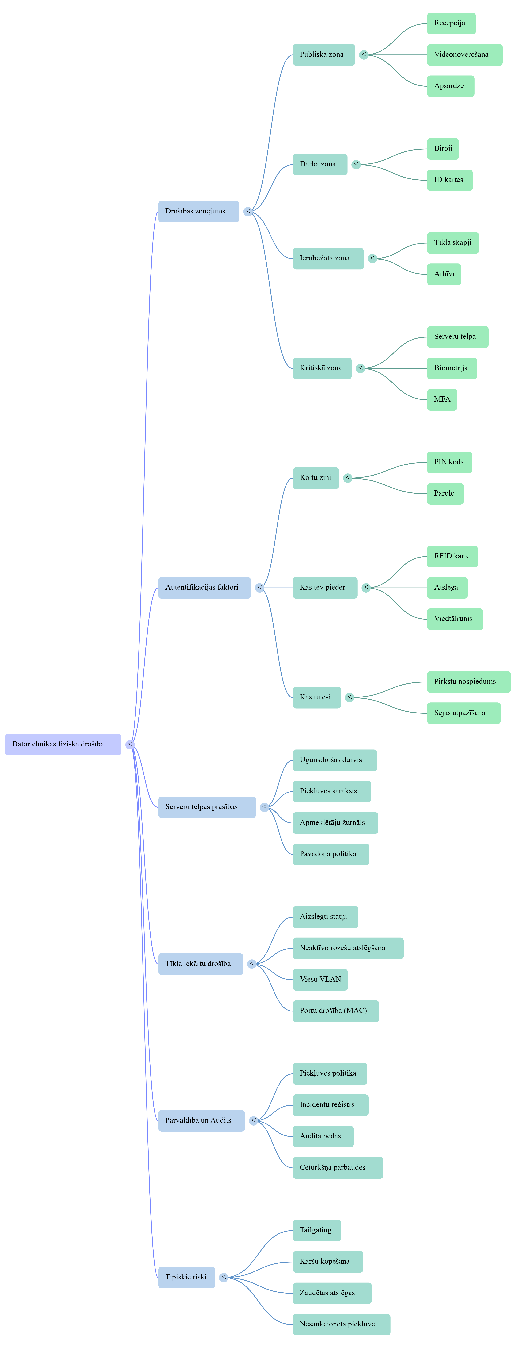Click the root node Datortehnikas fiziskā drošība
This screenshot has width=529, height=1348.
pyautogui.click(x=63, y=744)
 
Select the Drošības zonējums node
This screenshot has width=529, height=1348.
pyautogui.click(x=199, y=211)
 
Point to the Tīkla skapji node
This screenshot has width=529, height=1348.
pyautogui.click(x=453, y=243)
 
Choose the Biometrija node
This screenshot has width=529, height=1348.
pyautogui.click(x=451, y=368)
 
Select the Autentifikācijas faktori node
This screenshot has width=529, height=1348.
pyautogui.click(x=204, y=588)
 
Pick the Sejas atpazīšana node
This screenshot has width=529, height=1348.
pyautogui.click(x=464, y=713)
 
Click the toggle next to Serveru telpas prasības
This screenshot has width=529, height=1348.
pyautogui.click(x=265, y=807)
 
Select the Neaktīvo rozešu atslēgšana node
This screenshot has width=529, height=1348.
pyautogui.click(x=348, y=948)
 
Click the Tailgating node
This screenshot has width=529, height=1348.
pyautogui.click(x=316, y=1230)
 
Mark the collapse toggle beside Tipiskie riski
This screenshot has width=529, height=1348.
pyautogui.click(x=224, y=1277)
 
